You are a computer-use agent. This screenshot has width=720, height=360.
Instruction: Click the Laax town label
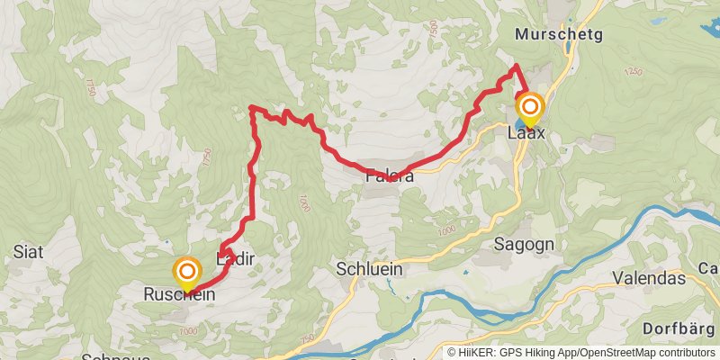pos(526,133)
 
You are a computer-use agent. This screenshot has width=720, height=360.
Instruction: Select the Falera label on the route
pos(390,177)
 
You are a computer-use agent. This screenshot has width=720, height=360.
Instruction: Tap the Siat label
pos(24,252)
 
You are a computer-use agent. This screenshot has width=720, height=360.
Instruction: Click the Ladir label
pos(237,259)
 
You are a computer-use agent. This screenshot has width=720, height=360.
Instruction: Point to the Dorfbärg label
pos(680,328)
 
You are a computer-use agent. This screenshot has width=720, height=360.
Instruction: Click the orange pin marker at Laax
pos(529,108)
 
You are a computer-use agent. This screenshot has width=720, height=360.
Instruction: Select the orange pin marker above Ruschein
pos(187,271)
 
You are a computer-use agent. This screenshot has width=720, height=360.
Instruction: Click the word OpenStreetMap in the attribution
pos(623,353)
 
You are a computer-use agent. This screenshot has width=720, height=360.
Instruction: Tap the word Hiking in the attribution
pos(547,353)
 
